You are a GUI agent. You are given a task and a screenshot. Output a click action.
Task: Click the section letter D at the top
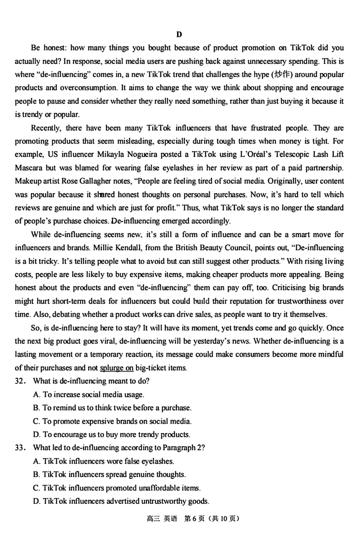(x=179, y=34)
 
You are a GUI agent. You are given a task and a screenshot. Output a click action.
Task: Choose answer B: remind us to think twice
(x=112, y=408)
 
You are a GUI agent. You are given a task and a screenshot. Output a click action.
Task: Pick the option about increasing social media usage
(x=88, y=394)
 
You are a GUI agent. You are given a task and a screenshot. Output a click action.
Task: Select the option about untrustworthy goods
(x=121, y=501)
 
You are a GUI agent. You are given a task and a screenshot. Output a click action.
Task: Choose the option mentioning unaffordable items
(x=116, y=488)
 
